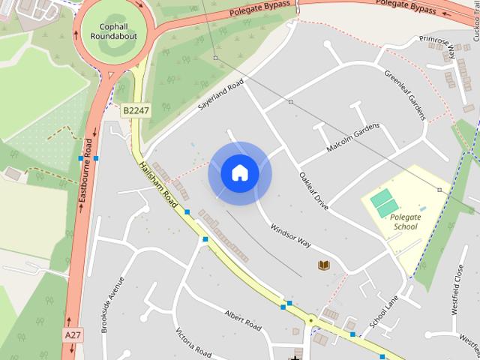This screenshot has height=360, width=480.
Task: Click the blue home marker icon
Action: (x=239, y=173)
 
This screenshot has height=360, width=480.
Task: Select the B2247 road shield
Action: (x=136, y=110)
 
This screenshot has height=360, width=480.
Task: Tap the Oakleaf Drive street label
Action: (x=313, y=190)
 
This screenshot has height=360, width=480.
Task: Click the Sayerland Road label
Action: (x=222, y=97)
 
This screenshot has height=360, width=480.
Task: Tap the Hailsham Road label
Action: (x=158, y=186)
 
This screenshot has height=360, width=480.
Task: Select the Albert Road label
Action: (x=243, y=320)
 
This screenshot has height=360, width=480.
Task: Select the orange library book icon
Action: (x=324, y=265)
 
